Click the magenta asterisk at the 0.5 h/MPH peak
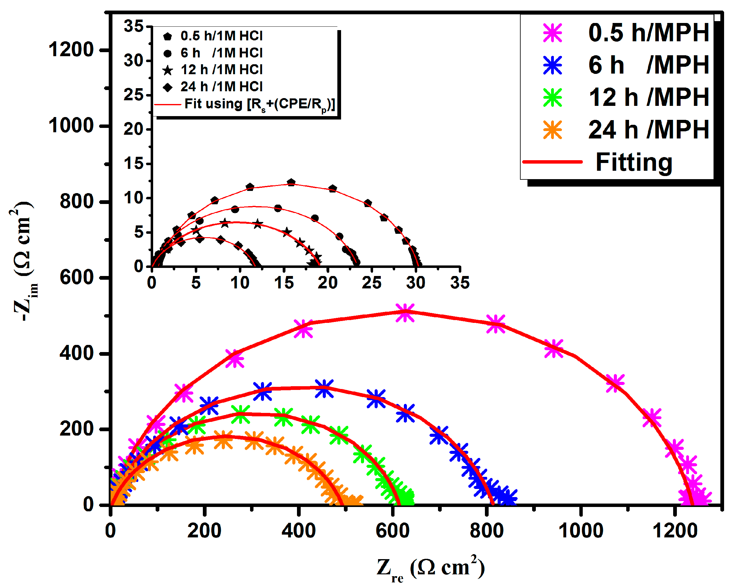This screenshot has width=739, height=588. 405,313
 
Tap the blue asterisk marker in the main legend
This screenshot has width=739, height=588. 553,65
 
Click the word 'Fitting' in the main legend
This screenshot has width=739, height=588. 634,162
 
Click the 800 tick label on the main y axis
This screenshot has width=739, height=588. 77,201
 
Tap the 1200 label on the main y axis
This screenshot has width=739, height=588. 71,50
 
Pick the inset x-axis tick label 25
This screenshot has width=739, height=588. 372,283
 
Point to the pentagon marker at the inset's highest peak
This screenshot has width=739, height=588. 291,182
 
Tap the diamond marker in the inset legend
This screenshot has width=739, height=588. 168,87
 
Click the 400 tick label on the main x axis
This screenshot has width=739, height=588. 299,531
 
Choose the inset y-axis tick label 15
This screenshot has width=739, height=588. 133,164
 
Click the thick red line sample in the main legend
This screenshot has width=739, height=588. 552,162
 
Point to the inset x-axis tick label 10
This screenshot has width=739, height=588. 239,283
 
